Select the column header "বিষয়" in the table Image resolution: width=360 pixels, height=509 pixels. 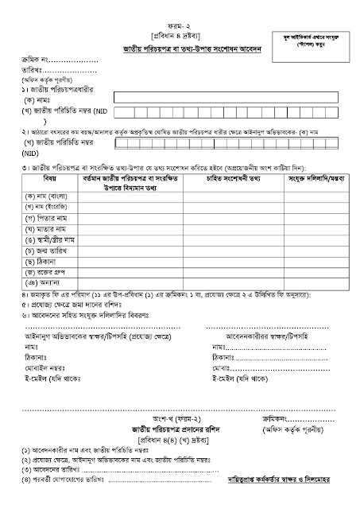tap(41, 181)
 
